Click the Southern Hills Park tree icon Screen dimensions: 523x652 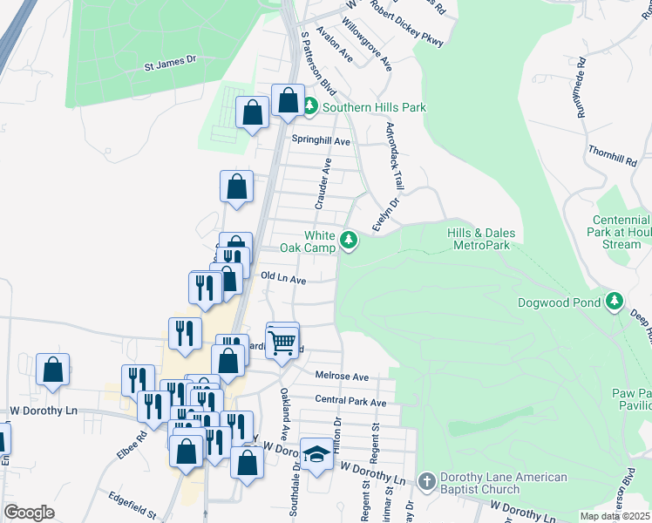click(x=309, y=106)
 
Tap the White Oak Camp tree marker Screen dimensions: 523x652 click(x=349, y=239)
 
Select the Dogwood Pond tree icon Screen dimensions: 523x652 click(x=615, y=301)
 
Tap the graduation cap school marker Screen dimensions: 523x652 click(x=316, y=453)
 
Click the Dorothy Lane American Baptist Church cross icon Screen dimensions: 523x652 click(x=426, y=480)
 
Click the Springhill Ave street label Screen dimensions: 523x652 click(x=321, y=141)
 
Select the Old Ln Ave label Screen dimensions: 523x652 click(x=283, y=279)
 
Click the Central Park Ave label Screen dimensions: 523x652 click(x=350, y=402)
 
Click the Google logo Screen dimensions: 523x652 click(x=29, y=513)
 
